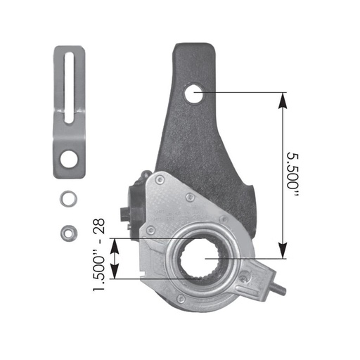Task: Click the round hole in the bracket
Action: point(69,160)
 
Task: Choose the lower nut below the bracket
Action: point(68,230)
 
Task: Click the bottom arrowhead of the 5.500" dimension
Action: point(283,252)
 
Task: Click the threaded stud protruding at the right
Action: point(278,287)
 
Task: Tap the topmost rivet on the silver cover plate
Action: point(160,181)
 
